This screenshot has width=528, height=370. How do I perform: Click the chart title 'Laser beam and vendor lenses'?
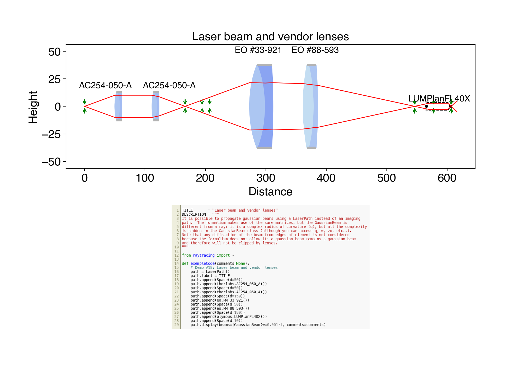pos(270,36)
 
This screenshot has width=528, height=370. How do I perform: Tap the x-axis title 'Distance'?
pos(270,192)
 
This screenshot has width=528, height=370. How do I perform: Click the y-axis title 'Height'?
pos(33,107)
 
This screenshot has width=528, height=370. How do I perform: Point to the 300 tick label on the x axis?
pos(266,178)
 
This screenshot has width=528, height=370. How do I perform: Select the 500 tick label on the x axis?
pos(386,178)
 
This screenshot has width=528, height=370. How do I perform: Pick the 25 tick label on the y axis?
pos(55,79)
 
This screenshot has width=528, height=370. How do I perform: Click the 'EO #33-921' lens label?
pos(258,50)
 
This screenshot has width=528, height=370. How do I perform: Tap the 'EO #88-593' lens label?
pos(315,50)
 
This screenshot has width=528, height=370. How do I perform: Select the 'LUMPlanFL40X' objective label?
pos(439,99)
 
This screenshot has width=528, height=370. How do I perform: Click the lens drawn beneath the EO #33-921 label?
pos(261,106)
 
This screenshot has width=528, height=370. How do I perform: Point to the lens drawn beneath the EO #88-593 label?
pos(310,106)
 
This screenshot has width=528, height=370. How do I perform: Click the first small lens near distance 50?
pos(118,106)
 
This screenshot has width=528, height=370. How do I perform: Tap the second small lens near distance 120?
pos(155,106)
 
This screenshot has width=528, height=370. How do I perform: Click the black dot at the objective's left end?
pos(426,106)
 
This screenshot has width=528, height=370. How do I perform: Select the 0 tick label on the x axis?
pos(84,178)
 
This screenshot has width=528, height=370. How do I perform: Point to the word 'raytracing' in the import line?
pos(204,255)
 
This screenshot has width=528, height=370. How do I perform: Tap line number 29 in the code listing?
pos(176,325)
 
